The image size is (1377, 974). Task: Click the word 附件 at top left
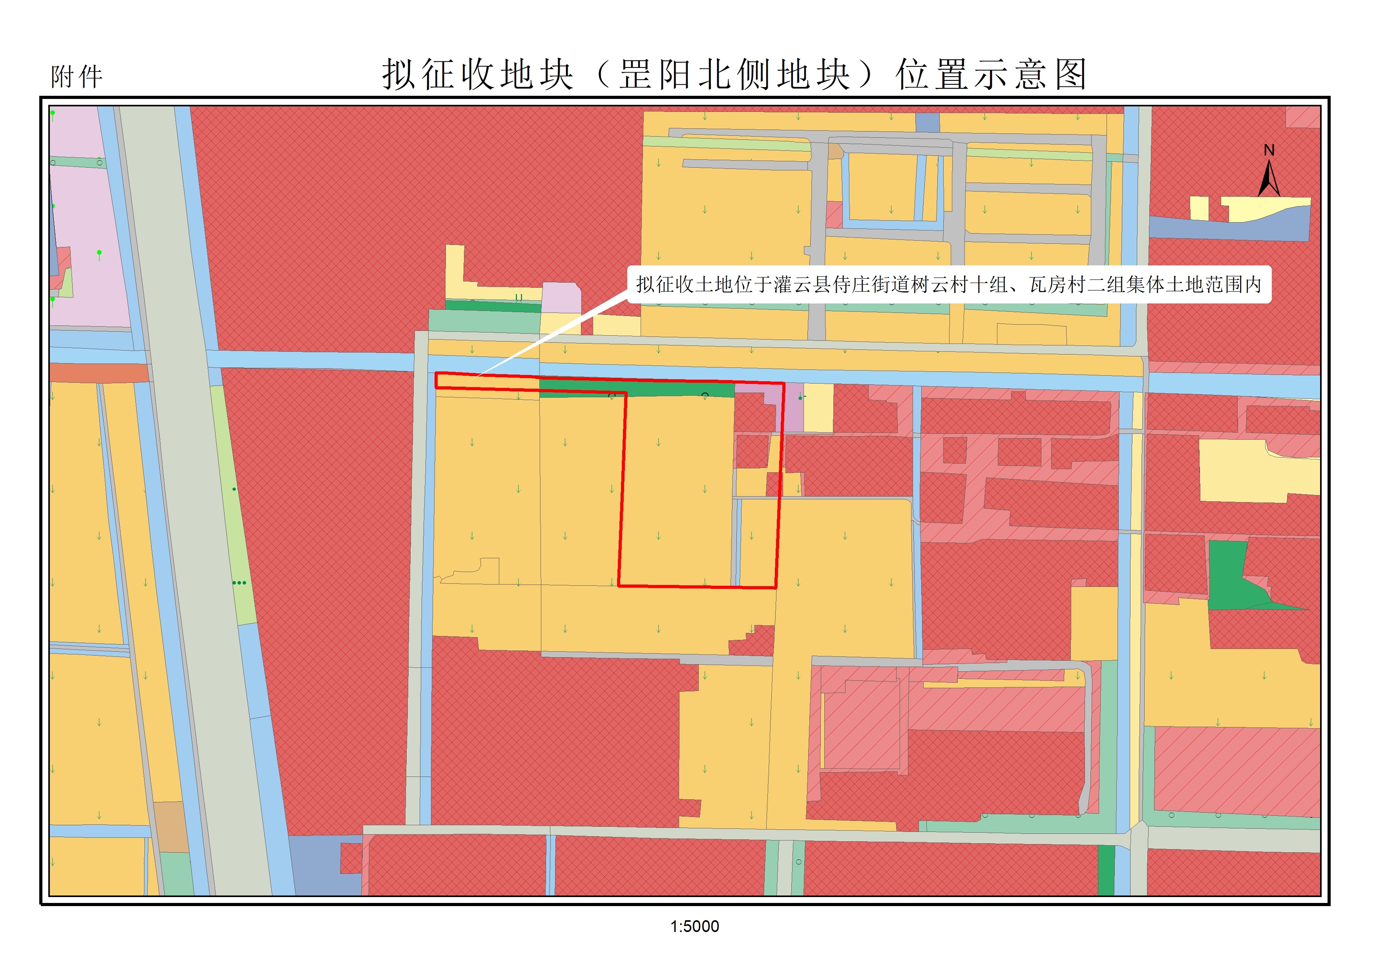tap(77, 77)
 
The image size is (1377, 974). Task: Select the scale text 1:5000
tap(694, 926)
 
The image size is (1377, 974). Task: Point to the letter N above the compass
tap(1269, 150)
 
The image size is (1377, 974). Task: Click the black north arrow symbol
tap(1269, 180)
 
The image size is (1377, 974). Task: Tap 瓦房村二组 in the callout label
tap(1077, 284)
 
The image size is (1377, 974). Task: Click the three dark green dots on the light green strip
tap(239, 582)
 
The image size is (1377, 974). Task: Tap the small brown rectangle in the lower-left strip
tap(170, 826)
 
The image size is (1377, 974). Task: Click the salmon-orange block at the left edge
tap(99, 373)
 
